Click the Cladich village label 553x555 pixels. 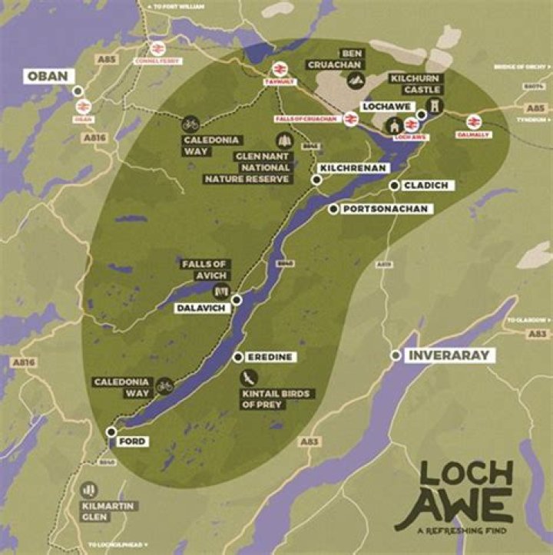pos(429,185)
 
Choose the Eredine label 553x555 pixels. pos(271,357)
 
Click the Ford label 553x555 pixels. pos(132,441)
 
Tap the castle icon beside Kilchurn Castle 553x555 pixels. pos(436,107)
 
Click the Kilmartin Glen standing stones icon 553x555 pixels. pos(89,489)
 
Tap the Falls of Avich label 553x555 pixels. pos(204,269)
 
